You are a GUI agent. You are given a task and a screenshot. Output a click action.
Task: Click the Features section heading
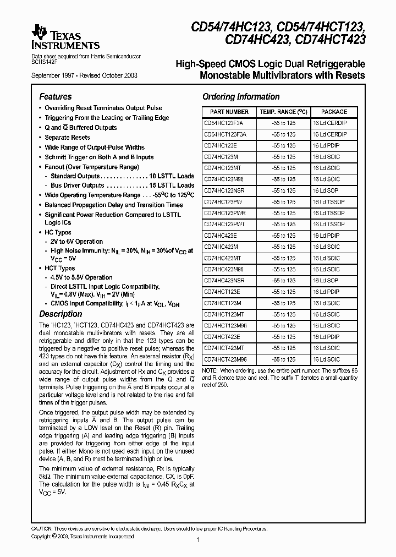[x=56, y=96]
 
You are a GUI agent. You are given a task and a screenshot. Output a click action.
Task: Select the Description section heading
[x=61, y=314]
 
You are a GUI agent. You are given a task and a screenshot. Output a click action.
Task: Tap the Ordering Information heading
[x=241, y=97]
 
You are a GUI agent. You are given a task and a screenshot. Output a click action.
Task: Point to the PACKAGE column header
[x=334, y=112]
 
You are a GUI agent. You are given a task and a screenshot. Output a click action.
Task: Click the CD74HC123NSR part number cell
[x=224, y=190]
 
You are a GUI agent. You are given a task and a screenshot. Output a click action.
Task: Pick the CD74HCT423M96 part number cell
[x=226, y=359]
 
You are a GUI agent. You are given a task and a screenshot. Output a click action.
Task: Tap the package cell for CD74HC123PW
[x=328, y=202]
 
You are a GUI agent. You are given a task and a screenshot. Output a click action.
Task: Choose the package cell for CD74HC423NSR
[x=325, y=280]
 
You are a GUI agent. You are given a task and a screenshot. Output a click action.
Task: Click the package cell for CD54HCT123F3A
[x=329, y=134]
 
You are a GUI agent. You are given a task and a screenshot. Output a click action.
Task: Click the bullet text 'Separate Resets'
[x=67, y=138]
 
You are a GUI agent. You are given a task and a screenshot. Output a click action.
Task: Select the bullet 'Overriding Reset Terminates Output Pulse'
[x=103, y=108]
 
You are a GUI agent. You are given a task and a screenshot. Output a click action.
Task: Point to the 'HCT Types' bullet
[x=59, y=268]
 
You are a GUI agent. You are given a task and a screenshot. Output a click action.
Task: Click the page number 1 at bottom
[x=197, y=540]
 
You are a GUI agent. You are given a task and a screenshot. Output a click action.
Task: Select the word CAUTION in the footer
[x=43, y=529]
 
